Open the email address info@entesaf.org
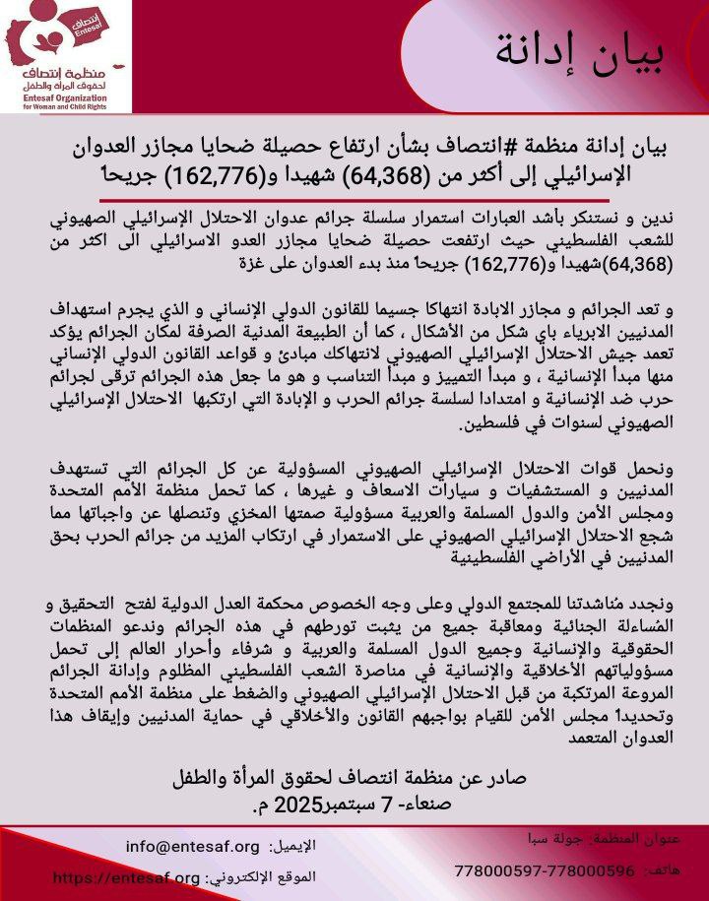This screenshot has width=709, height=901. coord(193,847)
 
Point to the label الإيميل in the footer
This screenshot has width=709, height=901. coord(294,847)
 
